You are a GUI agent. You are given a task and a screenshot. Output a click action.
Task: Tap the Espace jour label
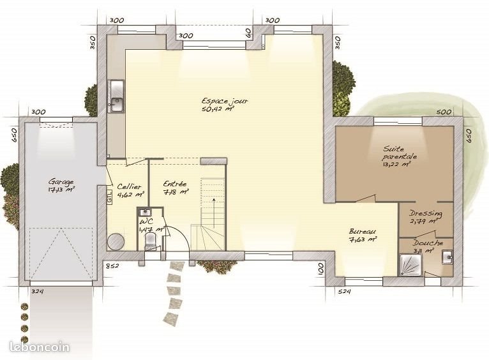(225, 101)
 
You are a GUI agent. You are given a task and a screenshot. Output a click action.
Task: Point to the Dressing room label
(426, 214)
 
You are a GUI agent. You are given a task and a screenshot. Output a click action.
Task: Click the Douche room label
(428, 243)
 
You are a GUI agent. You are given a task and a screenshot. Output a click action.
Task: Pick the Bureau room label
(363, 232)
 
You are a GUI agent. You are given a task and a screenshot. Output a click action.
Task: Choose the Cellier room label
(130, 186)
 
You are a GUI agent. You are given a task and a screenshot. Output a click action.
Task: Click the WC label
(146, 223)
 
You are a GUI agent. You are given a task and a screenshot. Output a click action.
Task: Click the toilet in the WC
(151, 241)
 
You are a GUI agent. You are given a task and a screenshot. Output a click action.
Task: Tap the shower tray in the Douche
(409, 263)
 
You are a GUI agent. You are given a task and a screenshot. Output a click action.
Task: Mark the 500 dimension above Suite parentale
(444, 112)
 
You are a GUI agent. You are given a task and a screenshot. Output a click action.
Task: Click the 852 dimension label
(112, 266)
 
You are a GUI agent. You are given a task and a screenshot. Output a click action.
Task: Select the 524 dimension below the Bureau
(345, 292)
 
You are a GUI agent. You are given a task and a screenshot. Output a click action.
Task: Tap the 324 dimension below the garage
(38, 292)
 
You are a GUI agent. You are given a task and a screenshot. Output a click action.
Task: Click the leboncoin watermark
(40, 347)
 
